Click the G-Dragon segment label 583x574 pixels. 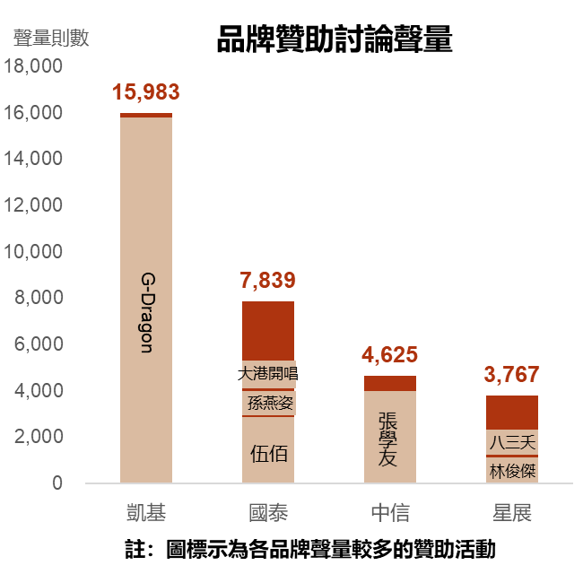[146, 311]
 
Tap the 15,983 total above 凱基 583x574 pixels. [145, 92]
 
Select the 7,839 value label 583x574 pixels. [267, 281]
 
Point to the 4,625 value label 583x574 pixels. [389, 355]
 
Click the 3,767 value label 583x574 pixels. [511, 375]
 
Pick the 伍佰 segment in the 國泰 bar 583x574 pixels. [268, 453]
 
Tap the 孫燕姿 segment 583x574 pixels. [268, 403]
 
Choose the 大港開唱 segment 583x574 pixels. [268, 373]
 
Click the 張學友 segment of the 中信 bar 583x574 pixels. [389, 439]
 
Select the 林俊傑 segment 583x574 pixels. [512, 470]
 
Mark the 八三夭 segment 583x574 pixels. [512, 442]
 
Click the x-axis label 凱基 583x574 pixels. [145, 513]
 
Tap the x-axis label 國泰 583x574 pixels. [267, 513]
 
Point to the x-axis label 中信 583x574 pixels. [389, 513]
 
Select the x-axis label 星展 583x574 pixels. [511, 513]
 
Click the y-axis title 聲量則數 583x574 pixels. [51, 39]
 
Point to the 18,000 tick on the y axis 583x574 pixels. [33, 66]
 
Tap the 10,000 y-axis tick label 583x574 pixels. [33, 252]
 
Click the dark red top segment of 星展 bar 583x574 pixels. [512, 412]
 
